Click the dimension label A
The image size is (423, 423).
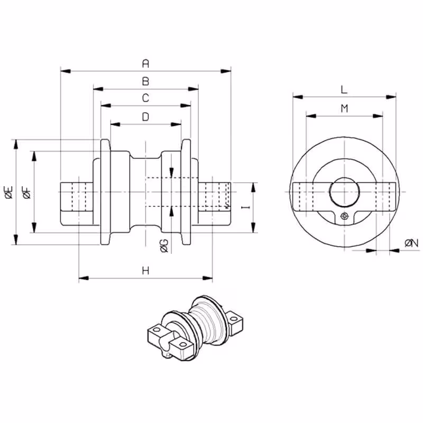click(145, 63)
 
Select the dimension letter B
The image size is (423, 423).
click(145, 81)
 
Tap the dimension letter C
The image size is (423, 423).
click(145, 98)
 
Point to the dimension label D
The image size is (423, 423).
click(145, 117)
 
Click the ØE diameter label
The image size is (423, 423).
click(9, 192)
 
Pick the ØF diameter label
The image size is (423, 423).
click(27, 192)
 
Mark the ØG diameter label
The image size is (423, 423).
click(164, 246)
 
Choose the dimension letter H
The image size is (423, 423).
click(145, 270)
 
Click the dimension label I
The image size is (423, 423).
click(245, 207)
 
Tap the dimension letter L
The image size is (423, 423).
click(344, 89)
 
